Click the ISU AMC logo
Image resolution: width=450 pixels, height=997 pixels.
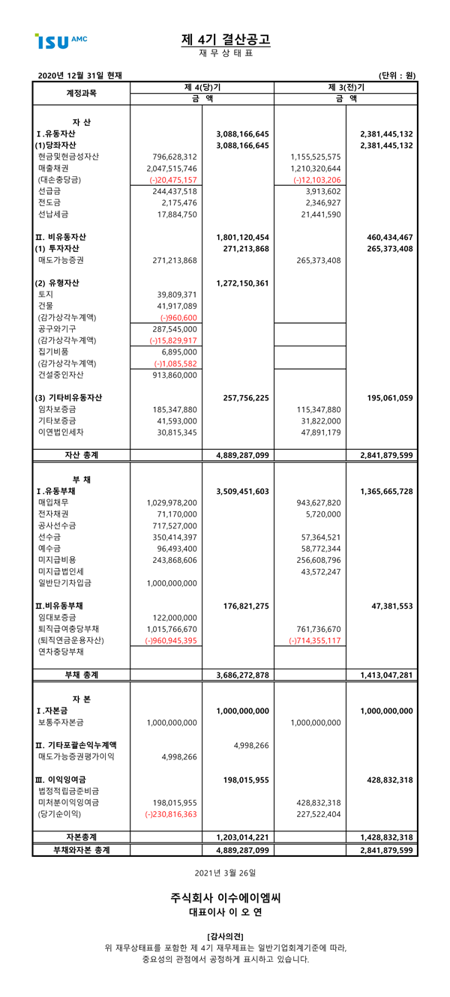[61, 40]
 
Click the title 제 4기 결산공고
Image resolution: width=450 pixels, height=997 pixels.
[226, 39]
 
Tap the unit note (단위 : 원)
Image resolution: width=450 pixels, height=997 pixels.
[397, 75]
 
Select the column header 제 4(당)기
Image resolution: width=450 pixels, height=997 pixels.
[202, 87]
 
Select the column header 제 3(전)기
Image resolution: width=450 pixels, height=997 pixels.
[346, 87]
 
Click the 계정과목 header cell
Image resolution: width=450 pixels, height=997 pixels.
[81, 93]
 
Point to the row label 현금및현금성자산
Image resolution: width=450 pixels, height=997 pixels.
[68, 157]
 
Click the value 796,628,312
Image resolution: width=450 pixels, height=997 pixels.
[172, 157]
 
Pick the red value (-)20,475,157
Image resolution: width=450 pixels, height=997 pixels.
[172, 180]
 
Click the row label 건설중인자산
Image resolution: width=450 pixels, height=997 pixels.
[61, 375]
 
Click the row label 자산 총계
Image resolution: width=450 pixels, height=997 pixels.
[81, 455]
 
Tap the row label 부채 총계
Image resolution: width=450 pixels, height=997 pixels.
[81, 675]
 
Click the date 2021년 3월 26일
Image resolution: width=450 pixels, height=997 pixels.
[225, 873]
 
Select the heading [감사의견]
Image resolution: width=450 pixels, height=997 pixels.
[225, 935]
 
